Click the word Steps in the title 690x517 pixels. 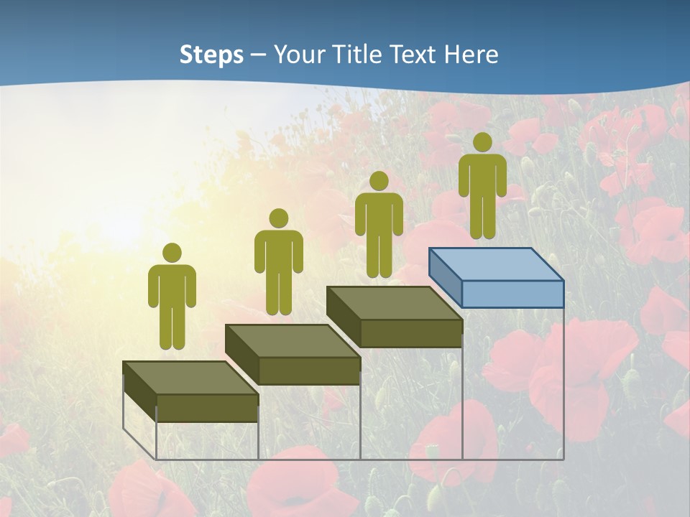pos(211,55)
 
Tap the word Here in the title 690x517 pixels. pos(471,55)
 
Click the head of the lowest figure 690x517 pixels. pos(172,253)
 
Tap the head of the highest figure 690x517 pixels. pos(482,142)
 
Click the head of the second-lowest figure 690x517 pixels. pos(278,218)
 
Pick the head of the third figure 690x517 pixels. pos(379,181)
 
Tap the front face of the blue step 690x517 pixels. pos(512,294)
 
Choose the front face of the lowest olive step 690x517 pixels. pos(207,408)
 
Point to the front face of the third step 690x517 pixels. pos(410,333)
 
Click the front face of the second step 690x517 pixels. pos(309,371)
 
